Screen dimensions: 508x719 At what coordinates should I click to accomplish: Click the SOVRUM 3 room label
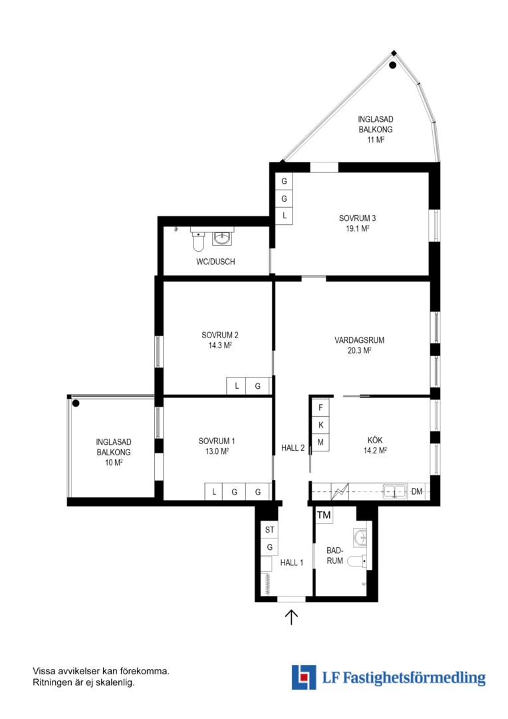tap(357, 223)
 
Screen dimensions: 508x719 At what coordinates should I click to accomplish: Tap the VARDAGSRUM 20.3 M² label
tap(359, 346)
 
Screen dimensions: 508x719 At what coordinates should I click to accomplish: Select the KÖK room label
tap(375, 445)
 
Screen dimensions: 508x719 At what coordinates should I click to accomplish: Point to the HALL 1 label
tap(292, 563)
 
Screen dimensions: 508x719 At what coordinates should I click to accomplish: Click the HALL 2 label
tap(293, 448)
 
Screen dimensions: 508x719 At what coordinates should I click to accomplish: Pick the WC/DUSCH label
tap(215, 262)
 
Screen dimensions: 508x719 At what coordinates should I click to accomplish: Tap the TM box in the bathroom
tap(324, 515)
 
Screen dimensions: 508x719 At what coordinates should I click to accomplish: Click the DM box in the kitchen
tap(416, 491)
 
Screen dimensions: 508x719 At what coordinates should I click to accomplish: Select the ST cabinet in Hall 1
tap(269, 530)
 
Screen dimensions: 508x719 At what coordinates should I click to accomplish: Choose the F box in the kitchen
tap(320, 407)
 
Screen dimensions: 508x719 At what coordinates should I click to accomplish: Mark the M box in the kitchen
tap(320, 443)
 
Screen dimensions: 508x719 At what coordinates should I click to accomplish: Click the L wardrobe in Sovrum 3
tap(285, 216)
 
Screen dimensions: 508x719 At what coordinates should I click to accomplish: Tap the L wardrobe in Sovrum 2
tap(236, 386)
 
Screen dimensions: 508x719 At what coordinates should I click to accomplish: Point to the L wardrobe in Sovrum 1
tap(213, 492)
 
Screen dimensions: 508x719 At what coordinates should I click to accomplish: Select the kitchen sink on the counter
tap(395, 491)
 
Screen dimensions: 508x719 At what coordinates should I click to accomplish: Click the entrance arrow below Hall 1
tap(291, 616)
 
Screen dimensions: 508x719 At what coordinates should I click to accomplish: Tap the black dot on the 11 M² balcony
tap(392, 65)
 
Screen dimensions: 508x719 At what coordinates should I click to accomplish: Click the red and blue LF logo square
tap(304, 677)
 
